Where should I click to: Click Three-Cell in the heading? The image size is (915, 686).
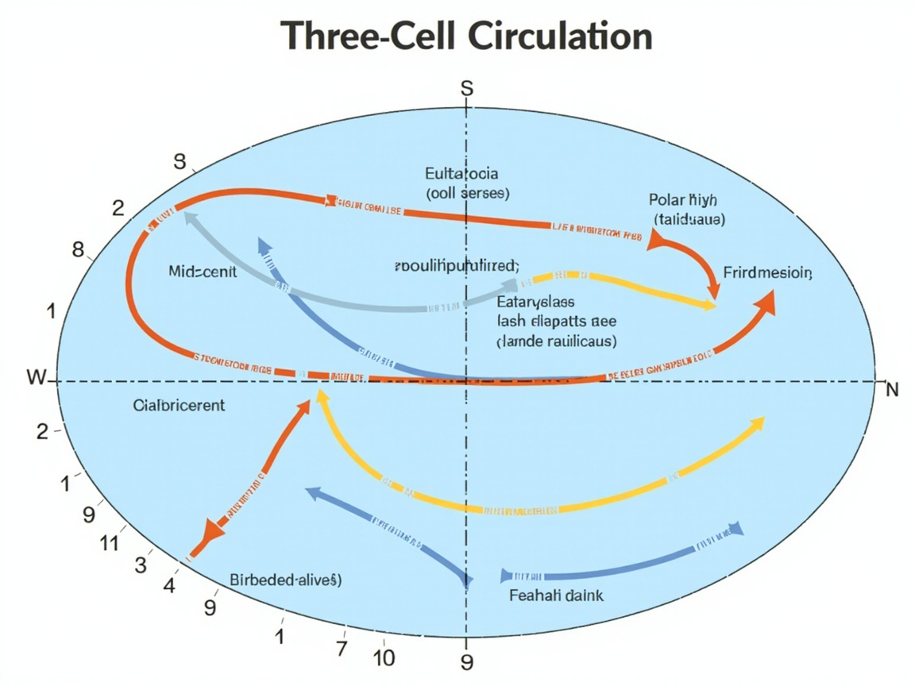(x=351, y=37)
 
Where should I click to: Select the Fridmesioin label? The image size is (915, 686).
(x=767, y=273)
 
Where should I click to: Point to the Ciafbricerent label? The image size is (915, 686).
(x=179, y=406)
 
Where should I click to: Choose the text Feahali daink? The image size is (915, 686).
(x=554, y=595)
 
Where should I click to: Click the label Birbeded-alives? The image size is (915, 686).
(x=285, y=580)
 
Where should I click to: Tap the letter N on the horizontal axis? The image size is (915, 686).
(x=891, y=390)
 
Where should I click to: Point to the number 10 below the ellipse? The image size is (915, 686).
(x=384, y=657)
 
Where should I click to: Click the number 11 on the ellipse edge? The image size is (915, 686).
(x=109, y=543)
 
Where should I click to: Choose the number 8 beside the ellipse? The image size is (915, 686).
(x=78, y=250)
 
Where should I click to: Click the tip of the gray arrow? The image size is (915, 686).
(x=187, y=214)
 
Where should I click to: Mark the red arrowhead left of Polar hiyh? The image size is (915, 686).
(x=656, y=238)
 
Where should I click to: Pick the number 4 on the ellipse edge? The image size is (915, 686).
(x=169, y=587)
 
